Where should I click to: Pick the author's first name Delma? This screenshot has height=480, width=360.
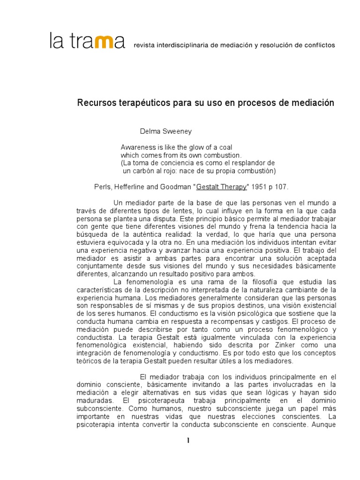[149, 132]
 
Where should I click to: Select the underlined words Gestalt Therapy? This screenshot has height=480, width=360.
[222, 187]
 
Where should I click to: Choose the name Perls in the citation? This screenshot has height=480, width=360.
[103, 187]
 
